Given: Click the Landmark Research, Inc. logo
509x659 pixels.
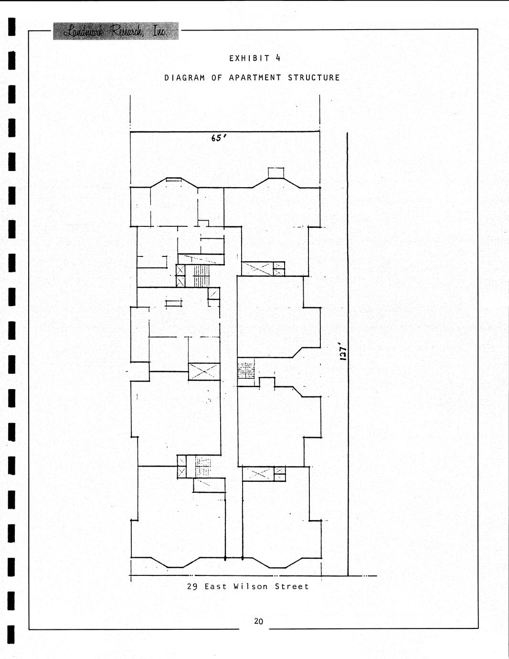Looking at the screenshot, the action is [x=116, y=31].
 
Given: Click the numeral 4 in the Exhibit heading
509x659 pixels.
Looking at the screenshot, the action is [x=278, y=58].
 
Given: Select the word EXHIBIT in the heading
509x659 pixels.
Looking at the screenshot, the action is [x=249, y=58].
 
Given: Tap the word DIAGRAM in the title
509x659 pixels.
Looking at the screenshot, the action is [x=185, y=78].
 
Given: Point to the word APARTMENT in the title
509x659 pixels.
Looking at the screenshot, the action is [x=255, y=78].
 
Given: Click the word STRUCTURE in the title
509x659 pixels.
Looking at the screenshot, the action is [x=314, y=78].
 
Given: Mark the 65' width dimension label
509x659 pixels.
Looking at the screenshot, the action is [x=219, y=138].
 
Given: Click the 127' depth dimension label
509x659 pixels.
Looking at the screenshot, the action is [x=343, y=351].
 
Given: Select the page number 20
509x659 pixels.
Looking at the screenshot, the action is [x=258, y=621].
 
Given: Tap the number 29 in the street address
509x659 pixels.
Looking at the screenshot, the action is [x=192, y=586].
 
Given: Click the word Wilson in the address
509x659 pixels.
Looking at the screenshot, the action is [x=250, y=586].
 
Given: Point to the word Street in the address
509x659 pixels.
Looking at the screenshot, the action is [x=292, y=586].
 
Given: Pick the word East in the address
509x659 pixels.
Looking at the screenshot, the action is [x=215, y=586].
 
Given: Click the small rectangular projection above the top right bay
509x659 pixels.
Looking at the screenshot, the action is [x=276, y=173].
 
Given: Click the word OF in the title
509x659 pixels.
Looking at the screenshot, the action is [x=217, y=78].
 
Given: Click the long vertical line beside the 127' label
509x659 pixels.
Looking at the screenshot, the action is [x=348, y=354].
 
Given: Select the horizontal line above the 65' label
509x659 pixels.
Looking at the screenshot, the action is [x=225, y=132].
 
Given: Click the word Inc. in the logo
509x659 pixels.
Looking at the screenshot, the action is [x=159, y=31].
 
